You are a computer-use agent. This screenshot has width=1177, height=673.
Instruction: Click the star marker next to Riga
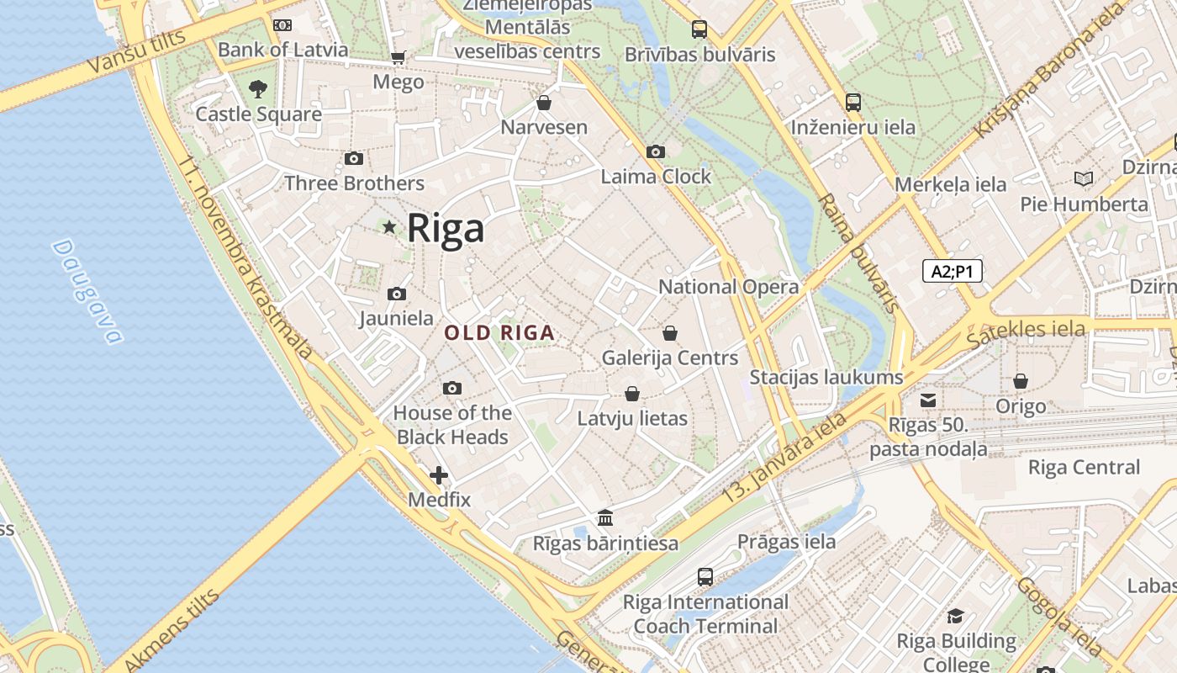click(x=389, y=227)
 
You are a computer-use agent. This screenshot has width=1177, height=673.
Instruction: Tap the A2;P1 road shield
click(x=953, y=271)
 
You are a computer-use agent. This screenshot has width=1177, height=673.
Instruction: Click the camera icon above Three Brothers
click(x=354, y=159)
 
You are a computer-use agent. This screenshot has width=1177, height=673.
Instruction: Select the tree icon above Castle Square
click(x=258, y=88)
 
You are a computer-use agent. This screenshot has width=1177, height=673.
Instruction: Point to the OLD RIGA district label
click(x=499, y=333)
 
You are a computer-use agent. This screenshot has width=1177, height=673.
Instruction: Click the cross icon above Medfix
click(x=439, y=475)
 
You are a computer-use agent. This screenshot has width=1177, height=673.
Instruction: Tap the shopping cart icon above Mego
click(x=398, y=58)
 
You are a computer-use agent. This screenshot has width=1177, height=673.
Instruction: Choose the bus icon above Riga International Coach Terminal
click(x=705, y=577)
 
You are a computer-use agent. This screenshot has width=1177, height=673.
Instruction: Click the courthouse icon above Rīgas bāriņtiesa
click(x=605, y=518)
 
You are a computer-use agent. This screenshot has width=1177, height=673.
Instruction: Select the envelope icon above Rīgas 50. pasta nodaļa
click(x=928, y=400)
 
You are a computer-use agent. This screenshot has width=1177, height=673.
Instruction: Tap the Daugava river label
click(x=87, y=291)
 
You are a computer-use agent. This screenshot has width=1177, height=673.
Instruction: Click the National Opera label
click(x=728, y=287)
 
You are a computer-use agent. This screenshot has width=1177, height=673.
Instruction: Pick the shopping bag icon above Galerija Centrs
click(x=670, y=333)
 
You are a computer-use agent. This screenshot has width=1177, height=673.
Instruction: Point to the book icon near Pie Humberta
click(x=1084, y=178)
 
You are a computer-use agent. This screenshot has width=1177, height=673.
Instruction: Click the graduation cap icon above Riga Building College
click(x=955, y=617)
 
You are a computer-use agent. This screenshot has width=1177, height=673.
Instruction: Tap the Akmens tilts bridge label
click(x=172, y=630)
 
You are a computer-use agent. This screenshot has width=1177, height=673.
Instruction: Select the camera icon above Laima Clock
click(x=656, y=152)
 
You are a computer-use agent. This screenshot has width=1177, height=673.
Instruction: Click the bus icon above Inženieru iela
click(x=853, y=103)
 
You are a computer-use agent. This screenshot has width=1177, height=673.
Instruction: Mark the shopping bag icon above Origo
click(x=1021, y=382)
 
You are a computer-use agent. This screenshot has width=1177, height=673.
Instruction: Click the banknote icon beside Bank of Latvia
click(x=282, y=25)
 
